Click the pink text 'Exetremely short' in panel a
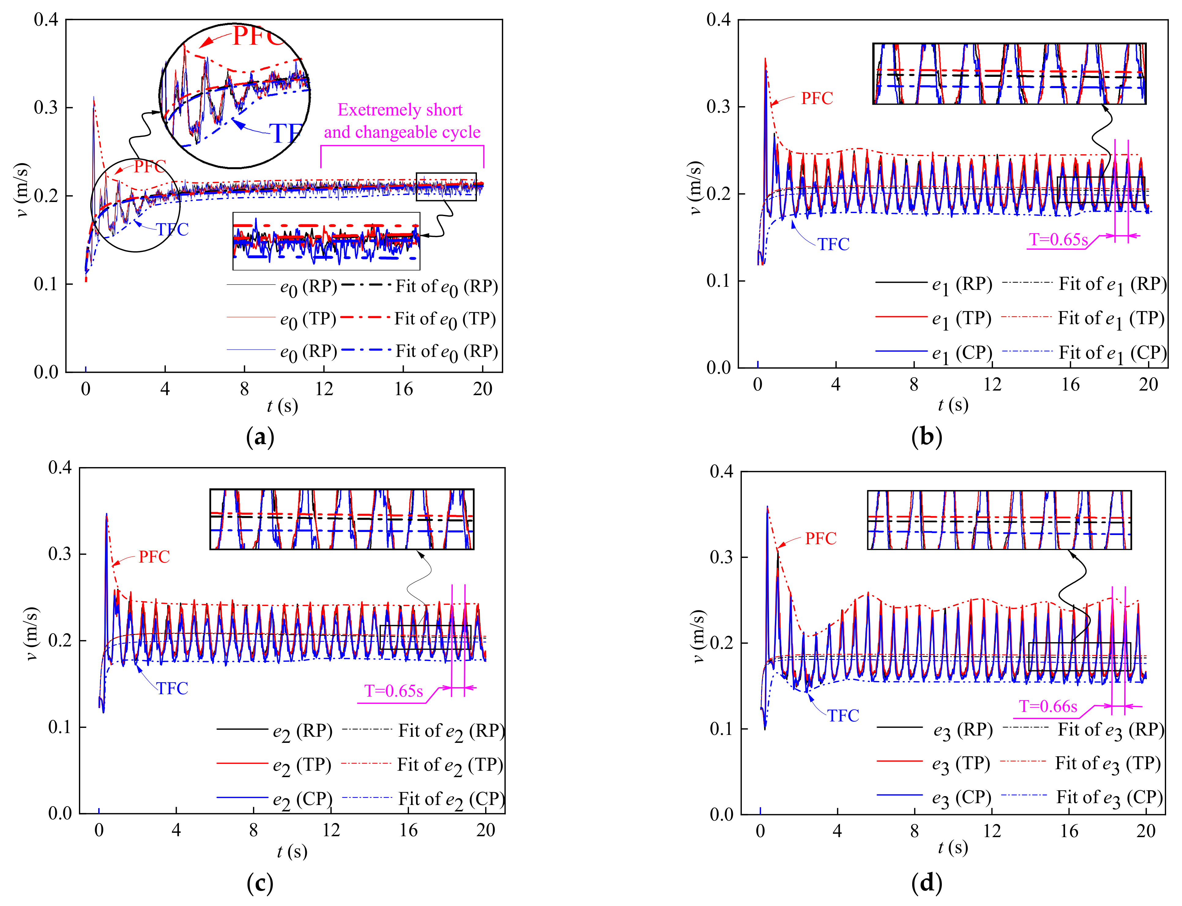pyautogui.click(x=400, y=110)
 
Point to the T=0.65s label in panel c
pyautogui.click(x=393, y=691)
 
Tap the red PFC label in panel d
pyautogui.click(x=820, y=538)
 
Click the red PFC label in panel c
pyautogui.click(x=154, y=556)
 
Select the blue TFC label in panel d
pyautogui.click(x=843, y=716)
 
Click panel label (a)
pyautogui.click(x=260, y=437)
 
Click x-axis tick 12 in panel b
pyautogui.click(x=992, y=384)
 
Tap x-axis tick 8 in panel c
pyautogui.click(x=253, y=830)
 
